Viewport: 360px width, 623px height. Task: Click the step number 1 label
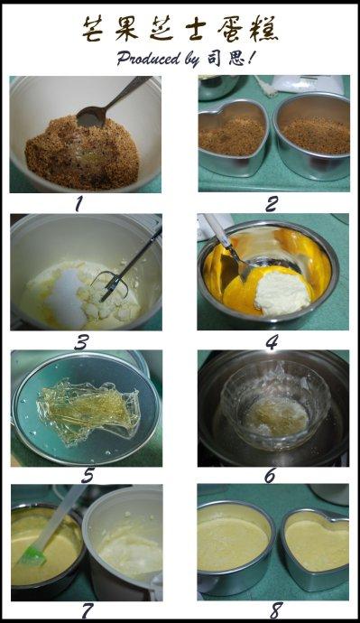click(x=78, y=204)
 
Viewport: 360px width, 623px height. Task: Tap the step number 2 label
click(x=272, y=204)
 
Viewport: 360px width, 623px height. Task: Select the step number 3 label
click(x=81, y=342)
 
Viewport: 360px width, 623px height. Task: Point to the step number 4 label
click(x=272, y=342)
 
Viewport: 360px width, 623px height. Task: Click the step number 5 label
click(x=88, y=476)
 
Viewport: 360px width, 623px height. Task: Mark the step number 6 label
click(x=271, y=476)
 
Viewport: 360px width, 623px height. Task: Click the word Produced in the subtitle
click(x=148, y=59)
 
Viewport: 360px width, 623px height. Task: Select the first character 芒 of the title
click(x=94, y=29)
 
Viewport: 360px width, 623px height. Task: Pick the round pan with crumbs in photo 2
click(x=313, y=135)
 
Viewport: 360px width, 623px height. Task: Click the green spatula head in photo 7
click(x=32, y=555)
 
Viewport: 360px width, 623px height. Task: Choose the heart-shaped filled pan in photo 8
click(x=316, y=549)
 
